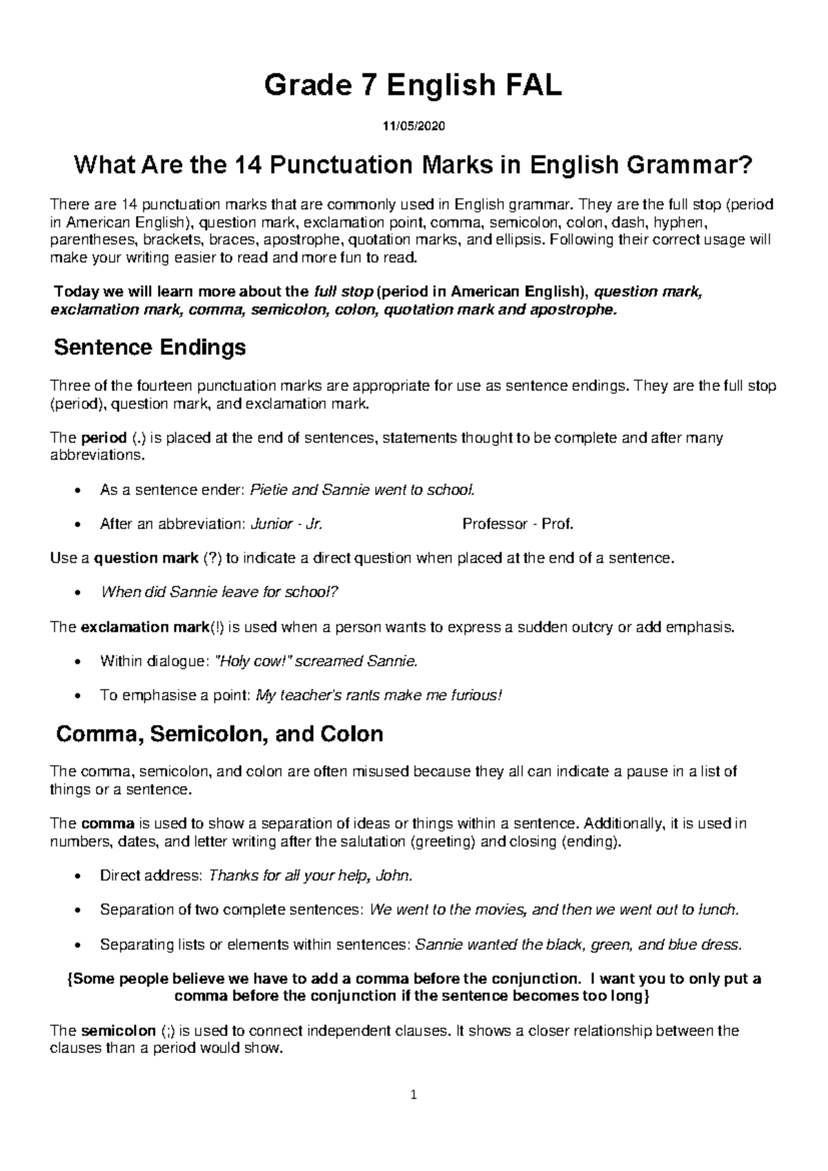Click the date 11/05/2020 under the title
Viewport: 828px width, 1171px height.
click(x=414, y=126)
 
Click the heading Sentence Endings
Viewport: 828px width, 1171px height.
click(x=150, y=347)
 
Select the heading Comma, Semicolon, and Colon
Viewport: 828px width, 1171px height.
click(x=219, y=733)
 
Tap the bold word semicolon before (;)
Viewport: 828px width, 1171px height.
click(x=119, y=1031)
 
